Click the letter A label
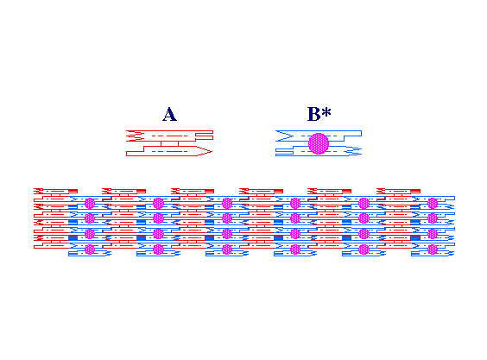click(169, 114)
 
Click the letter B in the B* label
click(313, 114)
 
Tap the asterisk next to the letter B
click(326, 111)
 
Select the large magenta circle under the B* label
click(319, 143)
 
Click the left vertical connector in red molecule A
click(161, 143)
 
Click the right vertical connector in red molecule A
click(178, 143)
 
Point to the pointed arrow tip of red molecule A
click(212, 151)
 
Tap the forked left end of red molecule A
click(134, 136)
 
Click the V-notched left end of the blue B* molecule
click(284, 136)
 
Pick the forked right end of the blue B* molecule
click(354, 150)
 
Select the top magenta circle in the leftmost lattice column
click(90, 203)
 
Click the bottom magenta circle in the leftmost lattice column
click(90, 249)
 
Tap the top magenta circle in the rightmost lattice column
click(433, 203)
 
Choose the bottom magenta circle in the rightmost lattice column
click(433, 249)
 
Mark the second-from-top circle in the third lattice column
click(227, 218)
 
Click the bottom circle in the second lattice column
click(158, 249)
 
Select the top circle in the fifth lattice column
click(364, 203)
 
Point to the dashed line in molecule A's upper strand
click(169, 136)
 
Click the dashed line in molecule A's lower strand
click(169, 151)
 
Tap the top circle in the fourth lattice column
click(295, 203)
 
